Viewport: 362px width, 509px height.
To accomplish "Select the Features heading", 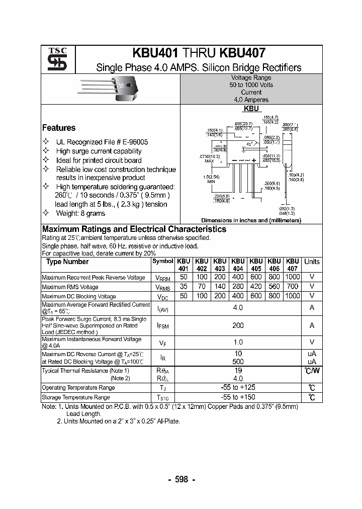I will [x=58, y=128].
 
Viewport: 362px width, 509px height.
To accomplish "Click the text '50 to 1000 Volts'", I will [x=251, y=85].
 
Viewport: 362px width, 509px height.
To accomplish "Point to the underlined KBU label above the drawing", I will [x=251, y=109].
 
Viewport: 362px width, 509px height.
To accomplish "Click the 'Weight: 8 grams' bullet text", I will [x=80, y=213].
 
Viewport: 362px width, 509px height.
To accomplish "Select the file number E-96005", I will [x=133, y=142].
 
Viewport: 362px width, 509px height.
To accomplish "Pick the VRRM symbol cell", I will [x=163, y=278].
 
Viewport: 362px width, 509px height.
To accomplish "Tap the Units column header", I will [x=312, y=262].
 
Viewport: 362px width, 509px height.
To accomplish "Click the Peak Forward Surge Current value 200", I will [x=238, y=325].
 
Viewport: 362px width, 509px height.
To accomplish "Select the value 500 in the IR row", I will [x=238, y=361].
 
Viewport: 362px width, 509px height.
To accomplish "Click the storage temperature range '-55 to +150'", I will [x=238, y=397].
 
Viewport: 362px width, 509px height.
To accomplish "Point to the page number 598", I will [x=181, y=479].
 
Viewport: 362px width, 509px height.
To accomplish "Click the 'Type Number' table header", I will [x=67, y=262].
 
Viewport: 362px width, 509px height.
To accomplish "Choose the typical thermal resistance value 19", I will [x=238, y=370].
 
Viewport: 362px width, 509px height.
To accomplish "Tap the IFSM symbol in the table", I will [x=163, y=326].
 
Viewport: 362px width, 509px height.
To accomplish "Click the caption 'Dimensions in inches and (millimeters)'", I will [x=251, y=220].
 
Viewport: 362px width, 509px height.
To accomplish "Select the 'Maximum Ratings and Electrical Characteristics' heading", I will [x=134, y=229].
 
